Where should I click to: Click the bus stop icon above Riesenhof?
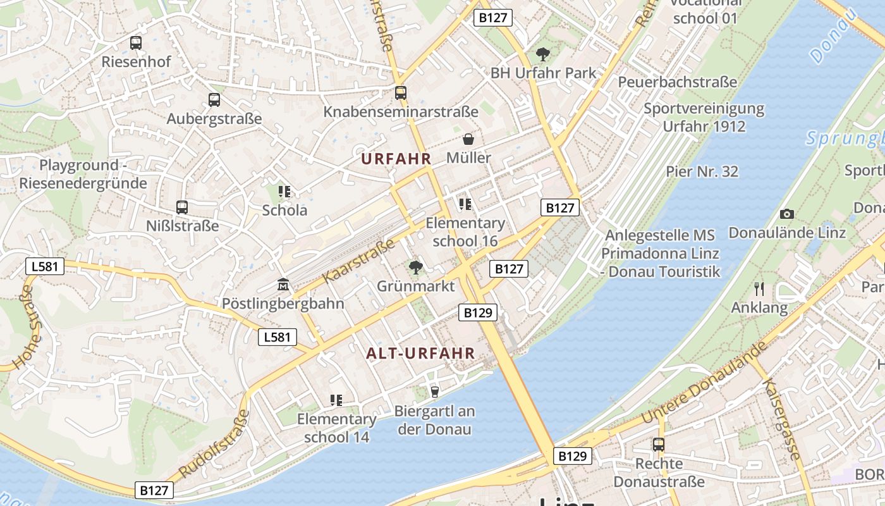point(136,43)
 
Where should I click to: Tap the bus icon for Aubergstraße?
point(214,99)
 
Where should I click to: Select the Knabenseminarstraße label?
point(401,112)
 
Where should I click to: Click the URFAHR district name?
point(396,159)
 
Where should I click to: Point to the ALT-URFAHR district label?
point(420,354)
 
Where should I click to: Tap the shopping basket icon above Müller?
point(468,139)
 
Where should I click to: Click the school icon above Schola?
point(284,191)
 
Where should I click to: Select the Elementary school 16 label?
point(465,231)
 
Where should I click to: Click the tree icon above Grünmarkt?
point(415,268)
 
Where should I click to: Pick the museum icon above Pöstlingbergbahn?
point(283,285)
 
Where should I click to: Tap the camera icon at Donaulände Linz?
point(787,214)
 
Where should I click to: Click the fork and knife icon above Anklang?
point(759,289)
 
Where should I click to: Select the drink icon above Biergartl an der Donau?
point(434,392)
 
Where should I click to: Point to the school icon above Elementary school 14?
point(336,400)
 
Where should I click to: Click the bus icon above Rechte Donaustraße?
point(659,444)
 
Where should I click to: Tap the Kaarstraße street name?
point(358,261)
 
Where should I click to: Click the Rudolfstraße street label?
point(214,444)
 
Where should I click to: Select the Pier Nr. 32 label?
point(702,171)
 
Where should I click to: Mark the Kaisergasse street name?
point(781,419)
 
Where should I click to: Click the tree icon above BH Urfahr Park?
point(542,54)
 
